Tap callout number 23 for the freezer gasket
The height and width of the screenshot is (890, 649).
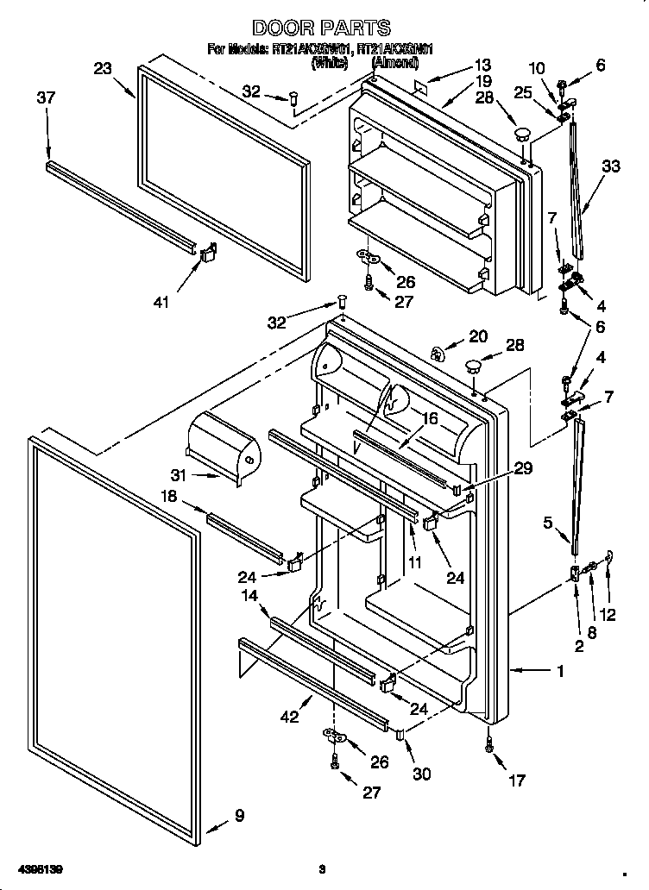pyautogui.click(x=103, y=69)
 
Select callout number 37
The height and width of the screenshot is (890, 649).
pyautogui.click(x=46, y=98)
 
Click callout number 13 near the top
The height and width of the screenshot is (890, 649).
pyautogui.click(x=482, y=65)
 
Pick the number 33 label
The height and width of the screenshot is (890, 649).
pyautogui.click(x=610, y=167)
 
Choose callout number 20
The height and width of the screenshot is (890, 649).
pyautogui.click(x=477, y=336)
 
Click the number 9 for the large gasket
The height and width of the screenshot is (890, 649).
pyautogui.click(x=238, y=816)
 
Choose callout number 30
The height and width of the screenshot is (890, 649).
pyautogui.click(x=420, y=774)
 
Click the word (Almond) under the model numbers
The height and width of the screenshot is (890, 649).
pyautogui.click(x=394, y=63)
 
